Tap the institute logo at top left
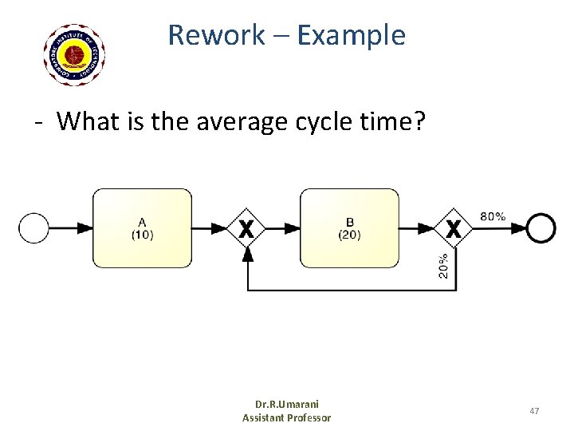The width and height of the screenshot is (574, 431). [75, 54]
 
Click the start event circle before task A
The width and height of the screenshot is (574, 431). [34, 228]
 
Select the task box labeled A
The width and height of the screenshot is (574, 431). [143, 227]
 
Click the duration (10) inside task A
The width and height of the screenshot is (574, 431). [143, 235]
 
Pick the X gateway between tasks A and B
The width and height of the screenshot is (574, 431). [247, 229]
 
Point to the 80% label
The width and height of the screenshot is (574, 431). [493, 216]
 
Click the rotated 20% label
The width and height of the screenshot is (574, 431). [443, 265]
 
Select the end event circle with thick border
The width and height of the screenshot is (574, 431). [541, 228]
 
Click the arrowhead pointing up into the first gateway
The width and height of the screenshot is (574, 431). [247, 254]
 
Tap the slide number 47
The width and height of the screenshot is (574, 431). [534, 410]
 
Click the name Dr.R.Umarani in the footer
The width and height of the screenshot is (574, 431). [286, 404]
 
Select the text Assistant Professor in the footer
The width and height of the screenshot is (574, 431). [286, 417]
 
